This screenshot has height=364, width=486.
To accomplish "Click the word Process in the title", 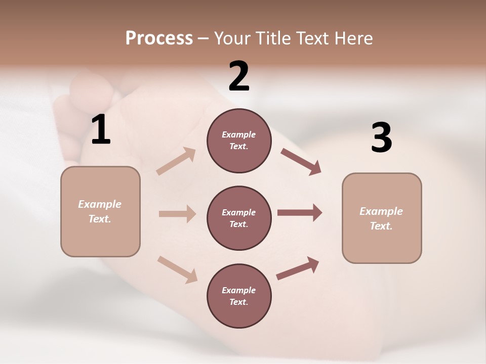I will [159, 38].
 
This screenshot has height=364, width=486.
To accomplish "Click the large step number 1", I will [101, 130].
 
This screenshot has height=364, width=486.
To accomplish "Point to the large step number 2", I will [239, 76].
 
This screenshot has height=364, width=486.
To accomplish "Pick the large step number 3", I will [381, 138].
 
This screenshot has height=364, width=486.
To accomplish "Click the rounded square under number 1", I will [100, 211].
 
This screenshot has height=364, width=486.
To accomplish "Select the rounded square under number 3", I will [382, 218].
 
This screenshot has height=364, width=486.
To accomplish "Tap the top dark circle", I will [239, 141].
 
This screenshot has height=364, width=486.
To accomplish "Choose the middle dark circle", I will [239, 218].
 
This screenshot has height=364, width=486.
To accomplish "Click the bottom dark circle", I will [239, 296].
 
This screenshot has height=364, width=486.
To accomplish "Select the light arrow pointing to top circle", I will [176, 161].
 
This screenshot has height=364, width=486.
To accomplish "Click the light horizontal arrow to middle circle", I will [177, 214].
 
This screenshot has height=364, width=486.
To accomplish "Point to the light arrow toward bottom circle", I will [177, 269].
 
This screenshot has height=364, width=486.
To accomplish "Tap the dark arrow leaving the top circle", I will [301, 162].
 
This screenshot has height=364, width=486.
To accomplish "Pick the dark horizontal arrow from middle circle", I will [300, 212].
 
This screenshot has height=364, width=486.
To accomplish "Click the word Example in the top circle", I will [239, 135].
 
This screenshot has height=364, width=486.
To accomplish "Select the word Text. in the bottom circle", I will [239, 302].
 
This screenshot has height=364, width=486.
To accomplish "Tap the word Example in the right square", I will [381, 211].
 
